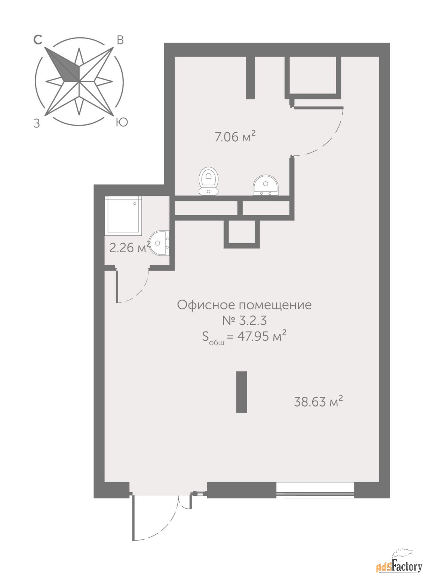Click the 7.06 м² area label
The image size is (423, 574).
tap(235, 138)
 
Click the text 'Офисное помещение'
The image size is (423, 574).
tap(245, 305)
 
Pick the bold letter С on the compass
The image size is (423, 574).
tap(38, 40)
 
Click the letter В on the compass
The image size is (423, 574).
tap(120, 40)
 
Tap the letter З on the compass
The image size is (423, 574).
tap(37, 124)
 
